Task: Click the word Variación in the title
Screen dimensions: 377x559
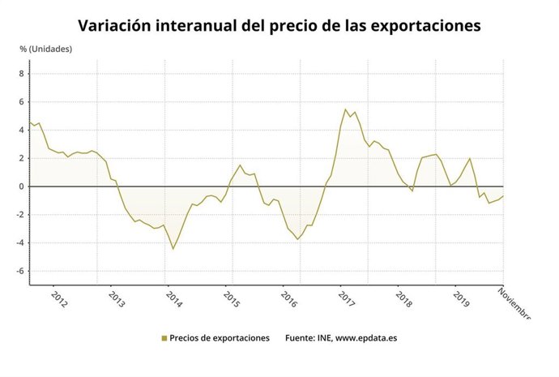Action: point(116,25)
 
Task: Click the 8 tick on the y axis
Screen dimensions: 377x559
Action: point(22,74)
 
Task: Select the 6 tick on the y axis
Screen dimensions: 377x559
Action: point(22,102)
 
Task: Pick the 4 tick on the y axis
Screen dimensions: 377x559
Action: point(22,130)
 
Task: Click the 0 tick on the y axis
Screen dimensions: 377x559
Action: point(22,186)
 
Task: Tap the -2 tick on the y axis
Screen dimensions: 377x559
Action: point(20,215)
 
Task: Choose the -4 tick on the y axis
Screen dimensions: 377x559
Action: point(20,242)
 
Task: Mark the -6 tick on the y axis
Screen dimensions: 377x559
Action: point(20,271)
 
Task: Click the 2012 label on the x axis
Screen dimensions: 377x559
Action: point(58,299)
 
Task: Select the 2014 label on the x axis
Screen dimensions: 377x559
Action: point(173,299)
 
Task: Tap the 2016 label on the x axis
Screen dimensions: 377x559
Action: point(288,299)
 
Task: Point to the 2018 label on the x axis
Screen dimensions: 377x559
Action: point(403,299)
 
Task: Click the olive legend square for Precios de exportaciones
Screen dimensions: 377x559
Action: point(164,339)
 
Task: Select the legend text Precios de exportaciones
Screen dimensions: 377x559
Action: point(220,338)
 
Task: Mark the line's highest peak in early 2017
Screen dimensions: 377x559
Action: point(346,109)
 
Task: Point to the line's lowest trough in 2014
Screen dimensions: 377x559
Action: point(173,248)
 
